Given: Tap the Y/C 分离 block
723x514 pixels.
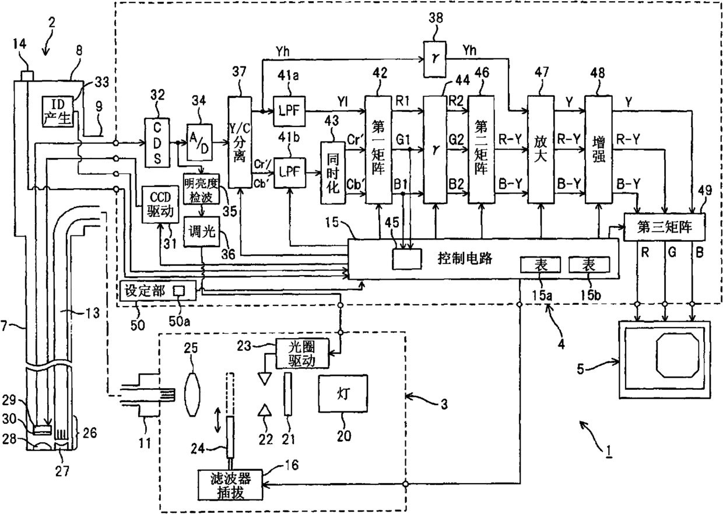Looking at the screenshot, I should coord(238,142).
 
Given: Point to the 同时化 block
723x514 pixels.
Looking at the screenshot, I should coord(333,172).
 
